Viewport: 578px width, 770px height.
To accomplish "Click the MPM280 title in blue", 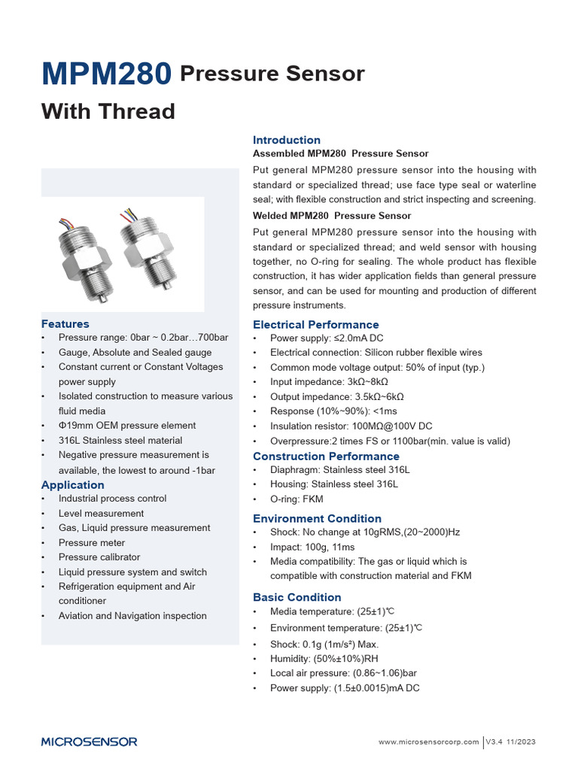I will [x=106, y=74].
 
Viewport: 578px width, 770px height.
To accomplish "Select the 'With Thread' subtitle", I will [x=108, y=111].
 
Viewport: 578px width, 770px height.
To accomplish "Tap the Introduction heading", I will [x=286, y=140].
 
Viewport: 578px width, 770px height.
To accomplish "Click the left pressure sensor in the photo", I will [x=81, y=256].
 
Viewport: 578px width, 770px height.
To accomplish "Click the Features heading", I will [x=65, y=323].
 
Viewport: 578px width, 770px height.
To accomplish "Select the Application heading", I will [x=72, y=485].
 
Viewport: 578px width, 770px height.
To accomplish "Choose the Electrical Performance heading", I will [x=315, y=325].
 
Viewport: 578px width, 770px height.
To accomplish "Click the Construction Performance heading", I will [x=326, y=456].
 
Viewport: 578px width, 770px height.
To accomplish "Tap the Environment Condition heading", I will [x=317, y=518].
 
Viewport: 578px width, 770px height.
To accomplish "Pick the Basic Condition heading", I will [x=297, y=597].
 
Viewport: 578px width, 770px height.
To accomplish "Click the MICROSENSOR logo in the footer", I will [x=89, y=741].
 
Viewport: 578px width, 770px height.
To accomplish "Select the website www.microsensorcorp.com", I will [x=427, y=742].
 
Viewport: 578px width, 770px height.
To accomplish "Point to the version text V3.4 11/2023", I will [x=510, y=742].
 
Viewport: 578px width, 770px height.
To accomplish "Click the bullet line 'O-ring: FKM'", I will [x=297, y=499].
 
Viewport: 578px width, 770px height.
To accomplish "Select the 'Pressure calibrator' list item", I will [x=99, y=557].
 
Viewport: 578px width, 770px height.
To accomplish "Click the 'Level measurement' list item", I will [x=101, y=513].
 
